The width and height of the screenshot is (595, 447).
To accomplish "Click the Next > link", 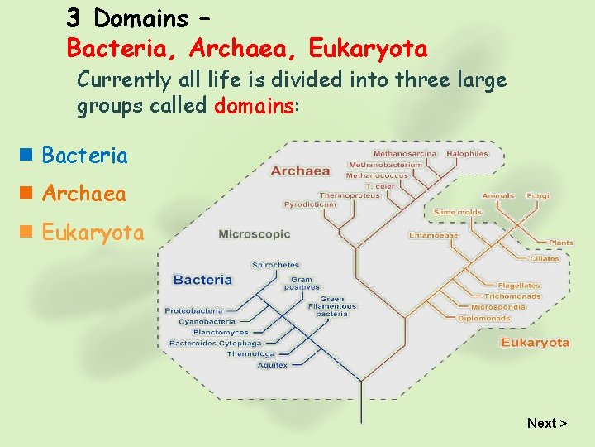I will [x=546, y=423].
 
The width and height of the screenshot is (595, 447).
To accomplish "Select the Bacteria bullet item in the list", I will [x=84, y=156].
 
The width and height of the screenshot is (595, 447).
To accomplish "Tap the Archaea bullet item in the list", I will [x=83, y=195].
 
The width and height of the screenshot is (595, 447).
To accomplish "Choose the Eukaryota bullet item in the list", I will [x=93, y=233].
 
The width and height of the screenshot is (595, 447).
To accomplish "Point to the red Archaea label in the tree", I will [x=300, y=171].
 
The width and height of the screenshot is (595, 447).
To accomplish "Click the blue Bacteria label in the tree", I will [x=202, y=280].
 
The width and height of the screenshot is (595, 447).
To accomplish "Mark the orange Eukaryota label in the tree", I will [x=535, y=343].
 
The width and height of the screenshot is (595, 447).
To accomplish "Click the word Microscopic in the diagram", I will [x=254, y=234].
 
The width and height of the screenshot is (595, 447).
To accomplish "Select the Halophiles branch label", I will [x=467, y=153].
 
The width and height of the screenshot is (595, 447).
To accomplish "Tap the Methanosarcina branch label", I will [x=406, y=153].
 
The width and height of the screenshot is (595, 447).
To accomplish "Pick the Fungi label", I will [x=537, y=196].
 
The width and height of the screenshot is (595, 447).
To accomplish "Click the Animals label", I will [x=497, y=196].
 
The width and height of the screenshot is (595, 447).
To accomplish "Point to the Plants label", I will [x=560, y=243].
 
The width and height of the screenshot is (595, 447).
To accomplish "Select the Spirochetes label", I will [x=275, y=265].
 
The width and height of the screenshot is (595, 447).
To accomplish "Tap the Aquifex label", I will [x=272, y=364].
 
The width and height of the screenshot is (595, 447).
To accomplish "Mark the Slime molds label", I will [x=457, y=213].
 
